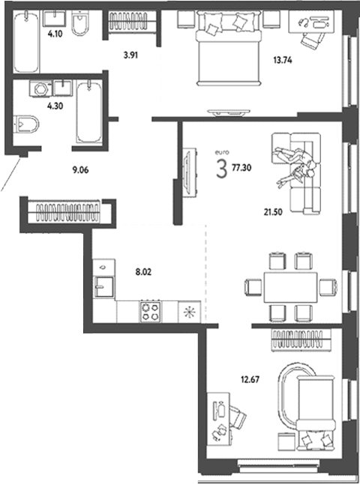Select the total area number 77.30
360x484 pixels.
coord(242,169)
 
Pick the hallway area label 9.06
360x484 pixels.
coord(80,169)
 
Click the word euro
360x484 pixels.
coord(220,153)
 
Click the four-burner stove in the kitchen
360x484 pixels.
coord(150,310)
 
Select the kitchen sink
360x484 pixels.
coord(103,285)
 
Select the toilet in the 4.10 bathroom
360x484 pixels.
coord(80,27)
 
